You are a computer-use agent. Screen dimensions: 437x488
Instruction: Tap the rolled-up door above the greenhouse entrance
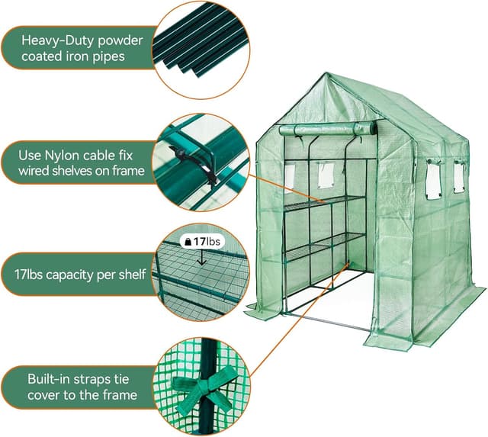[328, 130]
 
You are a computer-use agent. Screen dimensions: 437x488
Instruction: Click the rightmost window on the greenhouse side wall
[458, 178]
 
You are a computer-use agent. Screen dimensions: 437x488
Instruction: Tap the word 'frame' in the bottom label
[118, 395]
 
